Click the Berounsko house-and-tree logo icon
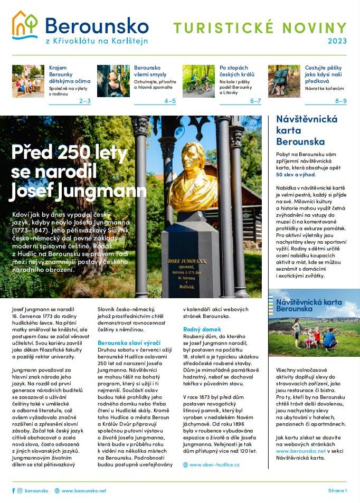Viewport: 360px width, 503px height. point(25,25)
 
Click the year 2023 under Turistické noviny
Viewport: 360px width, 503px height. point(337,41)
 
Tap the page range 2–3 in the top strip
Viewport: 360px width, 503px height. point(84,101)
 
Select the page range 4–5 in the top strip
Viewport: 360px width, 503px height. point(170,101)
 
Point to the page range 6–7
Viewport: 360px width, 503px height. point(255,101)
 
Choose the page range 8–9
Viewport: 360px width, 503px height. point(341,101)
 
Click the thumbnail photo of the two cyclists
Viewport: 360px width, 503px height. point(198,81)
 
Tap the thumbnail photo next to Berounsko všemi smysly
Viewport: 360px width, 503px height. point(113,81)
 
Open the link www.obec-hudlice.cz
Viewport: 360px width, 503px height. point(214,464)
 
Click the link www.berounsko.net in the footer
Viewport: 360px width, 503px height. point(83,490)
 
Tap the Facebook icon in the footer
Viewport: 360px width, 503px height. point(14,490)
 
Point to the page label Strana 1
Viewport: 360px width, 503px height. point(337,490)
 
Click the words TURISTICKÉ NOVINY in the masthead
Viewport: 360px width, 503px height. point(260,27)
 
